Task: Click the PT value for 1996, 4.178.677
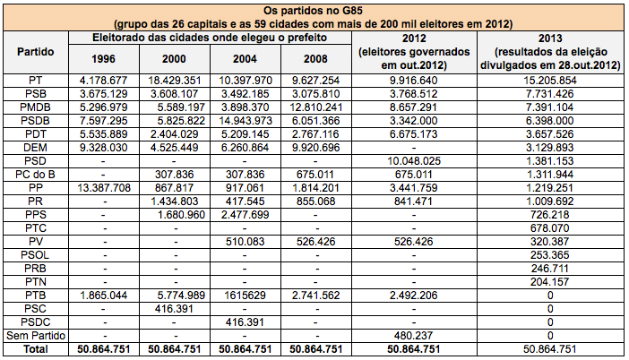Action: click(x=104, y=81)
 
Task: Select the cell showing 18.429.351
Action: click(x=174, y=81)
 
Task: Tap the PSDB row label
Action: click(x=35, y=121)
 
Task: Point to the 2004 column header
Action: click(x=245, y=59)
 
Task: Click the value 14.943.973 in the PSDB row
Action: click(x=246, y=121)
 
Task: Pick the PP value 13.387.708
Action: click(x=104, y=188)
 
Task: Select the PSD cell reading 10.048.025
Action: click(x=414, y=161)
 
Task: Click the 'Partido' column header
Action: click(x=35, y=52)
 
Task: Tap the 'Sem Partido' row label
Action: click(x=36, y=336)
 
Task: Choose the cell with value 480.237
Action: click(x=414, y=336)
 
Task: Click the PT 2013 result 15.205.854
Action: click(x=550, y=81)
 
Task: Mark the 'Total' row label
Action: click(x=36, y=349)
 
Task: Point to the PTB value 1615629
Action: click(x=246, y=296)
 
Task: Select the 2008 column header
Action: click(x=315, y=59)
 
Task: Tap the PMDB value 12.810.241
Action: click(x=316, y=107)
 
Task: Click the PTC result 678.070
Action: click(x=550, y=228)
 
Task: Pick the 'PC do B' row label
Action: click(x=35, y=175)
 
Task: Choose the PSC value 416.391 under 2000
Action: click(x=174, y=309)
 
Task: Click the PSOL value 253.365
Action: click(x=550, y=255)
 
